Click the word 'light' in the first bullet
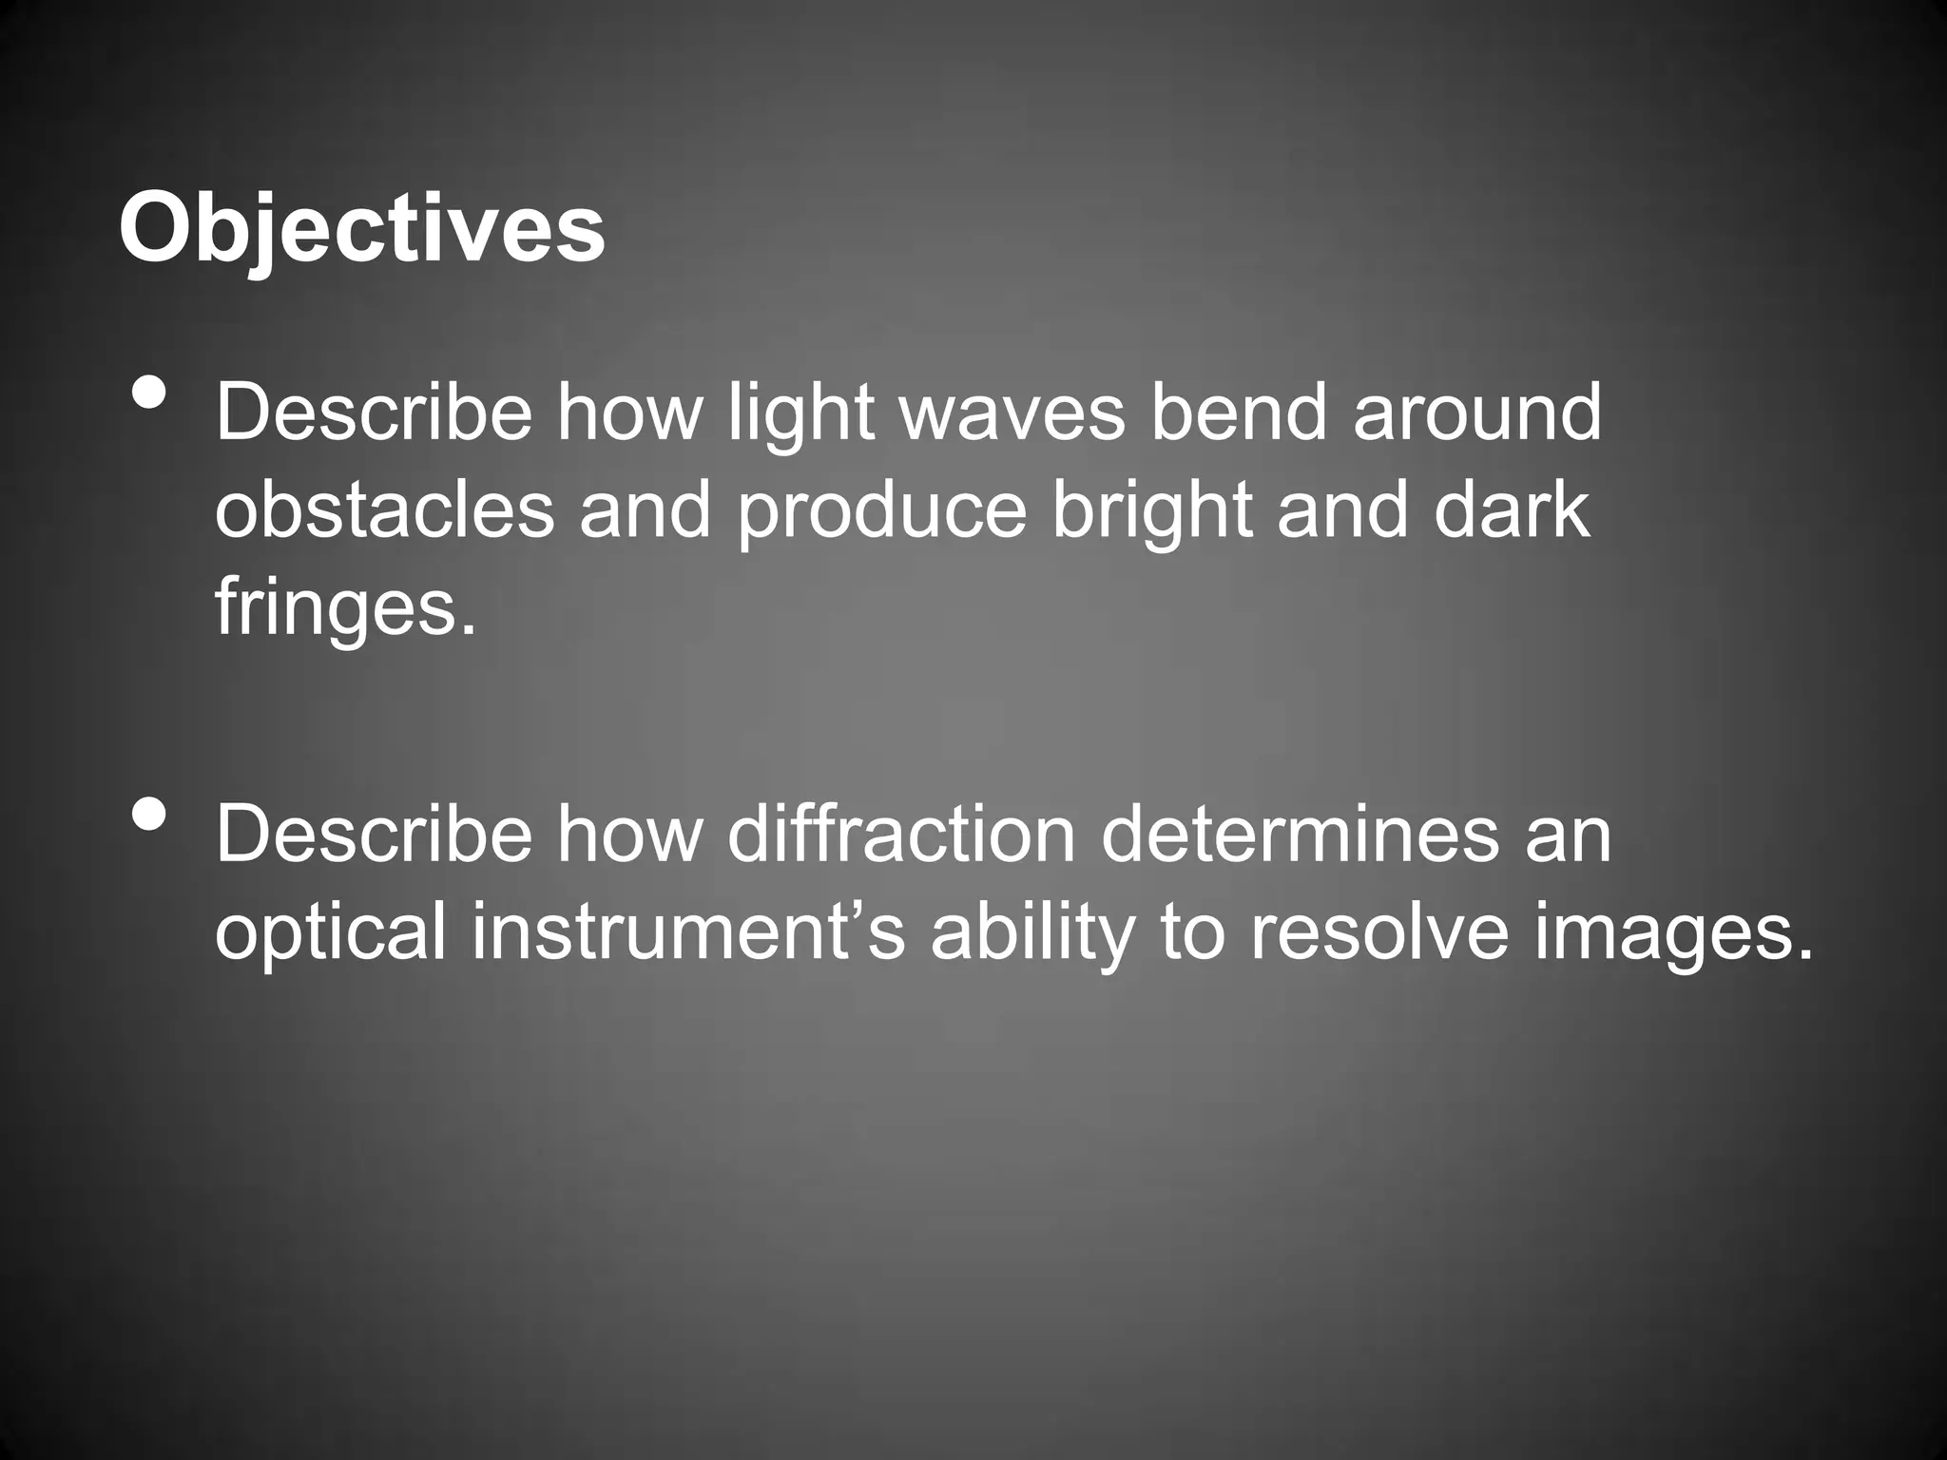coord(800,413)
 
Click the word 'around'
coord(1476,413)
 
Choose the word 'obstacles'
coord(385,510)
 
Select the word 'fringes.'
coord(344,608)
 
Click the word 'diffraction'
coord(901,835)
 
